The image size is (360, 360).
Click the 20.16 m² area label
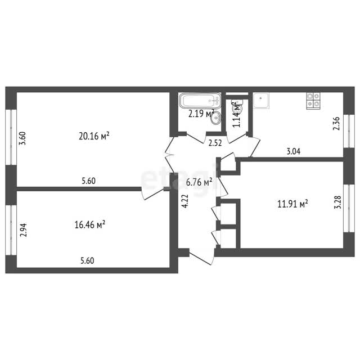(x=94, y=136)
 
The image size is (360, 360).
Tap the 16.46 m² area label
(x=90, y=224)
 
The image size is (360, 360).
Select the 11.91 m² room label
(x=292, y=204)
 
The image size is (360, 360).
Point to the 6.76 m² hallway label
(x=199, y=182)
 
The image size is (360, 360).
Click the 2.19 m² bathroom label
(x=201, y=114)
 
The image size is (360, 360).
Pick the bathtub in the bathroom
(x=200, y=100)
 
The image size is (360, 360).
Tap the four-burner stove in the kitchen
(x=313, y=100)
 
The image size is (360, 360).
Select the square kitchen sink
(x=261, y=101)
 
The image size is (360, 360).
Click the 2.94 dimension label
(x=23, y=230)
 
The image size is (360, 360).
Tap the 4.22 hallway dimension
(x=185, y=201)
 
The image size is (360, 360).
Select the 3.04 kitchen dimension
(x=294, y=151)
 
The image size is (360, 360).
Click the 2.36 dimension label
(x=336, y=124)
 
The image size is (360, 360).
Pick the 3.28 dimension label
(x=337, y=202)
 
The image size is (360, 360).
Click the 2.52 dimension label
(x=215, y=143)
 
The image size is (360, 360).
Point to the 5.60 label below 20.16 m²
(x=89, y=181)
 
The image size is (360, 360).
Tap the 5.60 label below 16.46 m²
(x=87, y=261)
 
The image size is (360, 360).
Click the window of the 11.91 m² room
(x=349, y=208)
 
